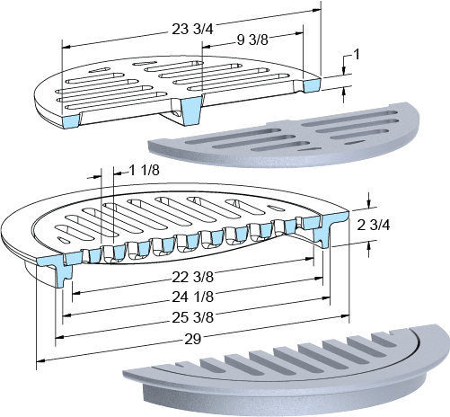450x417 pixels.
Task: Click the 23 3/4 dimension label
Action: pos(192,30)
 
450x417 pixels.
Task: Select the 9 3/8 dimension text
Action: pos(252,40)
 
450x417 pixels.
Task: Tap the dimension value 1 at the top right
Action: pos(357,55)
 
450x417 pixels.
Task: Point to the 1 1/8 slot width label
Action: pos(144,171)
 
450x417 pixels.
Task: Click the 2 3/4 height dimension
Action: pos(374,225)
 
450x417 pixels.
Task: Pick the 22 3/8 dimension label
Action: pos(192,277)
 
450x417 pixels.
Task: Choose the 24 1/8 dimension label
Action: pos(192,297)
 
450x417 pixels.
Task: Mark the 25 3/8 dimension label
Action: pos(192,317)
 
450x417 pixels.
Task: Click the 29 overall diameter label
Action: pos(192,339)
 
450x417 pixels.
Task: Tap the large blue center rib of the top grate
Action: pos(191,111)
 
